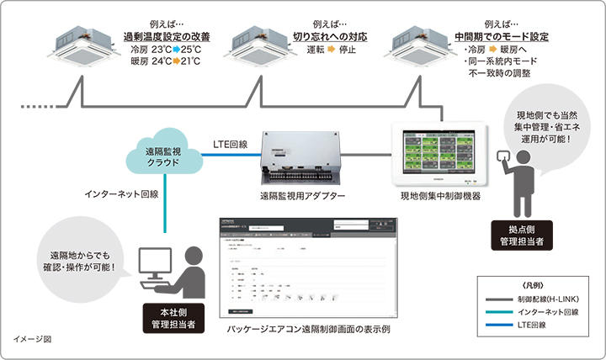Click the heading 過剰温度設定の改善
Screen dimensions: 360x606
pos(167,37)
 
